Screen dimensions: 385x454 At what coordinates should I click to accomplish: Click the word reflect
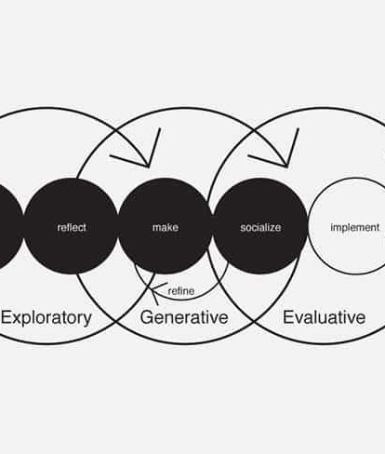(x=72, y=227)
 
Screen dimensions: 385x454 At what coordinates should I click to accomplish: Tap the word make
(x=166, y=227)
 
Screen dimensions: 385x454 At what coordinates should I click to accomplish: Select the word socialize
(x=260, y=227)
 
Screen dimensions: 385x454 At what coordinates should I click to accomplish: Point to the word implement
(x=355, y=227)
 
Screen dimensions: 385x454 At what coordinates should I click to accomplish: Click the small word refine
(x=181, y=291)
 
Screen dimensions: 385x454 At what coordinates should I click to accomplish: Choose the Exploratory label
(x=46, y=318)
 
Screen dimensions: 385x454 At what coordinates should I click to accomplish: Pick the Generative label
(x=184, y=317)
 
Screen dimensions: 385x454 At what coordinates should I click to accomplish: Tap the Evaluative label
(x=325, y=317)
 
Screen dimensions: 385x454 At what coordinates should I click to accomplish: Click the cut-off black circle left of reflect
(x=9, y=226)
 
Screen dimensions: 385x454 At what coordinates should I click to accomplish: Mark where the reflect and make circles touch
(x=118, y=226)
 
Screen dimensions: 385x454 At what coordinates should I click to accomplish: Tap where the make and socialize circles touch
(x=213, y=226)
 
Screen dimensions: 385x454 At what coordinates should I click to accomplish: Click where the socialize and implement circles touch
(x=308, y=226)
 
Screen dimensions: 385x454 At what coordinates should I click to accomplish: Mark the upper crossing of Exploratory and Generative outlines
(x=116, y=130)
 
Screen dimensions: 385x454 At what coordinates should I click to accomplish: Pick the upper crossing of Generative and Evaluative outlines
(x=254, y=129)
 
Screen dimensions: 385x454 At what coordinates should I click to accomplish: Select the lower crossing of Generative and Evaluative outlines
(x=254, y=322)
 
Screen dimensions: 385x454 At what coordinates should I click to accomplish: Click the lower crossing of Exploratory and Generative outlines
(x=116, y=321)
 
